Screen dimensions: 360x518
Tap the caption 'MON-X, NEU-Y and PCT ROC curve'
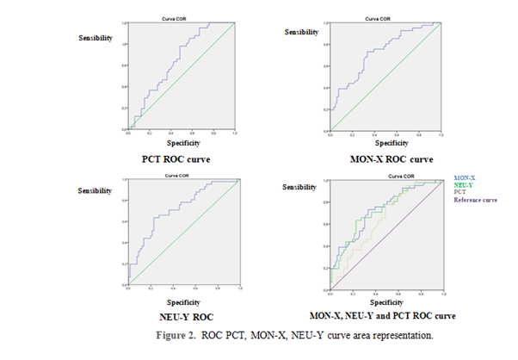pyautogui.click(x=383, y=316)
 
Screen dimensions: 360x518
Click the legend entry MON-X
pyautogui.click(x=464, y=177)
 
